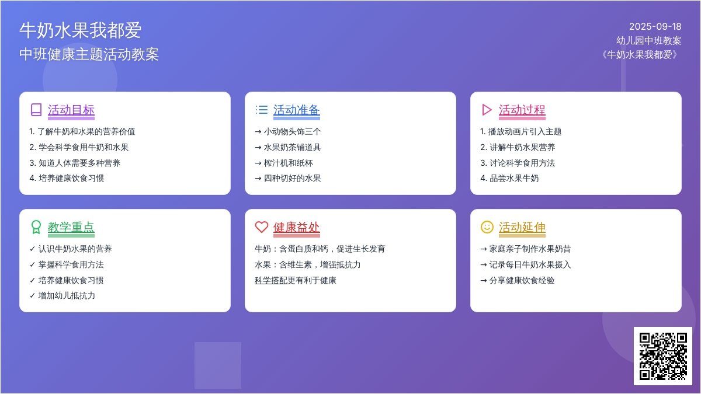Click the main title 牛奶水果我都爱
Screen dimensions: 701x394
pos(81,30)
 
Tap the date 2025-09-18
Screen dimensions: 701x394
pos(655,27)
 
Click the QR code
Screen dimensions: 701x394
pos(663,356)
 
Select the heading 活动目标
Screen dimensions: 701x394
pos(71,110)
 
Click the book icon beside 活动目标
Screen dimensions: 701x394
pos(36,110)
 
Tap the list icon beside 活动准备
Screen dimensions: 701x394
pos(262,110)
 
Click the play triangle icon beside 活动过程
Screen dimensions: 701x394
pos(487,110)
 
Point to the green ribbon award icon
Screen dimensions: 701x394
pos(36,227)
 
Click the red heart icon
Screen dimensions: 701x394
pos(262,227)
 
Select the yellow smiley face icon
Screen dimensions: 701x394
pos(487,227)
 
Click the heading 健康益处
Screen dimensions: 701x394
pos(296,227)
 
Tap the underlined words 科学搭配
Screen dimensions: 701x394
pos(271,281)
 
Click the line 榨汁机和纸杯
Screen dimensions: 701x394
pos(284,163)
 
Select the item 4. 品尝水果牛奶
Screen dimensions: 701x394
pos(509,178)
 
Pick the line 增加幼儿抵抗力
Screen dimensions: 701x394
pos(63,295)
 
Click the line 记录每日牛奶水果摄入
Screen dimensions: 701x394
pos(526,265)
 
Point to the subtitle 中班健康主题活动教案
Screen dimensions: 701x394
pos(89,54)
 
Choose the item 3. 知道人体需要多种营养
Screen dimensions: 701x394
pos(75,163)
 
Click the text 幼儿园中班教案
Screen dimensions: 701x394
pos(649,41)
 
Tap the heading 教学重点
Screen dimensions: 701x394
pos(71,227)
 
